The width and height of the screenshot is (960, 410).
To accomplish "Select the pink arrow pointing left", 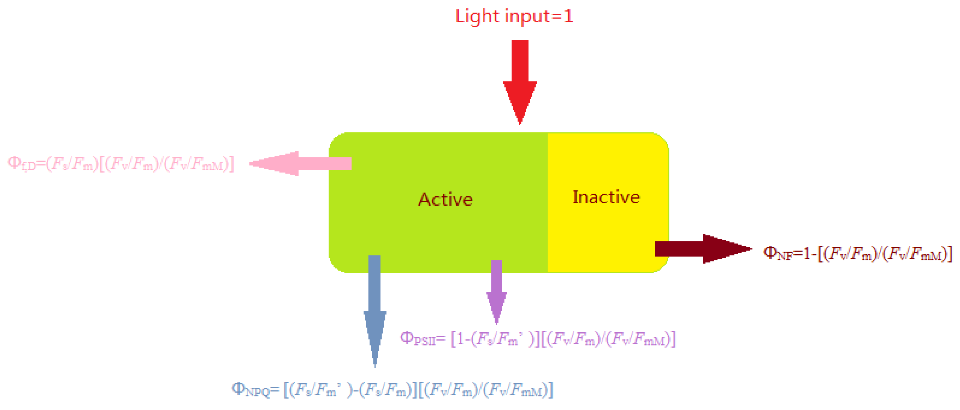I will coord(298,163).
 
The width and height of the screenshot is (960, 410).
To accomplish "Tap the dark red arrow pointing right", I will coord(704,249).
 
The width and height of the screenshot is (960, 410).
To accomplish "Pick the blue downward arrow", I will coord(375,305).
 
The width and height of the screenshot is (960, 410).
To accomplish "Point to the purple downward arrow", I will coord(497,290).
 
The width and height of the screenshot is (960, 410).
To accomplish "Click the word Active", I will coord(445,200).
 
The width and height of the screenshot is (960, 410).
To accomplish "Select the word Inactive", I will coord(606,197).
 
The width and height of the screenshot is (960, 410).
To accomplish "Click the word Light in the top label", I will coord(477,17).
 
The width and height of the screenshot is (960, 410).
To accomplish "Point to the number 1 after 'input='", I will coord(568,17).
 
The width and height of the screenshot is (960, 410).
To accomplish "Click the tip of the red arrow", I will coord(520,123).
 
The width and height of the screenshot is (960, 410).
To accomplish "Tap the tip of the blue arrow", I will coord(375,366).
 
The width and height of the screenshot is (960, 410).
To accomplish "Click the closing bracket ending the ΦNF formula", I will coord(950,254).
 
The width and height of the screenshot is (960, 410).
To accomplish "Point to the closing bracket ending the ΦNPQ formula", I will coord(550,390).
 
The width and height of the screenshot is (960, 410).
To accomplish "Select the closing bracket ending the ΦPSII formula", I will coord(673,339).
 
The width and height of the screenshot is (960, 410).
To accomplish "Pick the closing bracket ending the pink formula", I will coord(232,164).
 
